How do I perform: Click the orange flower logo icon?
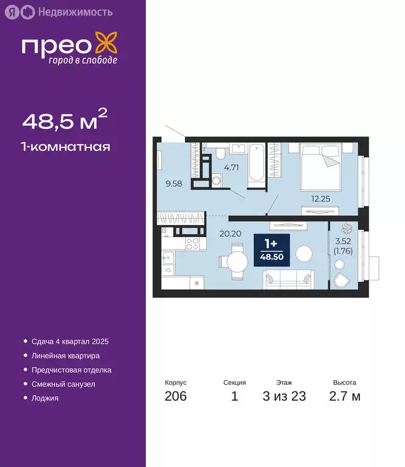coord(110,46)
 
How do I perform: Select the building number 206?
coord(175,396)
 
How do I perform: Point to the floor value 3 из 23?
coord(284,396)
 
